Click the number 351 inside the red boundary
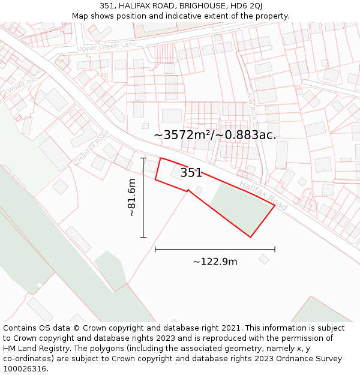tap(191, 173)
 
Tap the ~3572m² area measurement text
tap(215, 135)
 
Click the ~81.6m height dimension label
tap(132, 197)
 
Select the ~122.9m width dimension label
tap(215, 262)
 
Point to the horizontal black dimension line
tap(215, 248)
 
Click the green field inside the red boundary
tap(240, 204)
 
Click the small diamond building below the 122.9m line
tap(264, 259)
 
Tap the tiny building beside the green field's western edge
tap(199, 190)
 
